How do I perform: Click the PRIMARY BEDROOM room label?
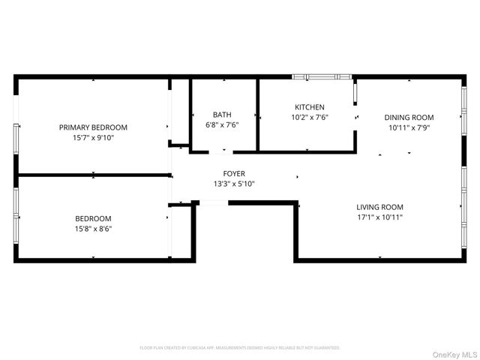pos(93,127)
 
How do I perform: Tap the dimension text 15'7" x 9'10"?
pos(93,138)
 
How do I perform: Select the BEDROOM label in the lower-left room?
pos(93,218)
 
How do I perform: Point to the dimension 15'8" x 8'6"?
pos(93,229)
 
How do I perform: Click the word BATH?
pos(222,115)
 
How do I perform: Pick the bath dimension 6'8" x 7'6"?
pos(222,125)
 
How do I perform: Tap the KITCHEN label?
pos(310,107)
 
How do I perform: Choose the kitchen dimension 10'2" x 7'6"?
pos(310,118)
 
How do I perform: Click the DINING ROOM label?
pos(409,117)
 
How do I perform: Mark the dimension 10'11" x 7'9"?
pos(409,127)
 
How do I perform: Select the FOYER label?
pos(234,174)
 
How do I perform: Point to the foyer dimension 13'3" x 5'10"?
pos(234,184)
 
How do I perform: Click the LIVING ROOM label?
pos(379,207)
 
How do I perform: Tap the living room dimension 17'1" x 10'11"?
pos(379,217)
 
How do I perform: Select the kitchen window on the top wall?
pos(322,76)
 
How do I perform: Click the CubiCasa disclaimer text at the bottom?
pos(240,347)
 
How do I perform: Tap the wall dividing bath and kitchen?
pos(258,112)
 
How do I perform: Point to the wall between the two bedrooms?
pos(93,175)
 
